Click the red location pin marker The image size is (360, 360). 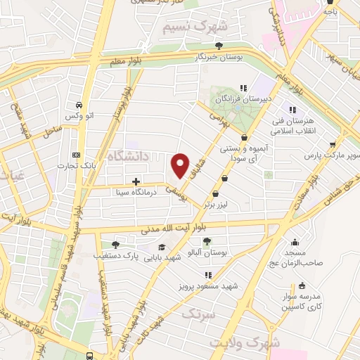[x=181, y=165]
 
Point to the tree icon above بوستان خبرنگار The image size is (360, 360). [x=220, y=46]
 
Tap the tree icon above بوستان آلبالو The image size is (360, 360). [x=206, y=241]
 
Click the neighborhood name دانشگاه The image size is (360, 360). [x=127, y=157]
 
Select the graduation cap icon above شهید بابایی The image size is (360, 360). [x=162, y=247]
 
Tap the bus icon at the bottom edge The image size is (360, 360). [x=95, y=355]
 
